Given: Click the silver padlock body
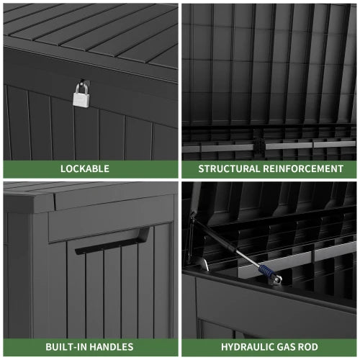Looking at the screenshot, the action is pos(81,100).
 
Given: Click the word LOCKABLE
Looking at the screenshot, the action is pos(85,168).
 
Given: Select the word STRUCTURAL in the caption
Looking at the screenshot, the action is pos(229,168).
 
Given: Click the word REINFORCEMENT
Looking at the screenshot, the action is pos(303,168).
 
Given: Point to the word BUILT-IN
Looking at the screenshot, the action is pos(66,347).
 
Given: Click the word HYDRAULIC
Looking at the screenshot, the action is pos(249,347).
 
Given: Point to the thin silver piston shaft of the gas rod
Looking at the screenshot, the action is pos(247,258).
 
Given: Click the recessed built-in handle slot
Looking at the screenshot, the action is pos(112,240).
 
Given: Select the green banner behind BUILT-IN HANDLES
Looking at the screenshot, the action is pos(91,347).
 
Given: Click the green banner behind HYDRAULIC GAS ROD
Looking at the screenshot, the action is pos(269,347).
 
